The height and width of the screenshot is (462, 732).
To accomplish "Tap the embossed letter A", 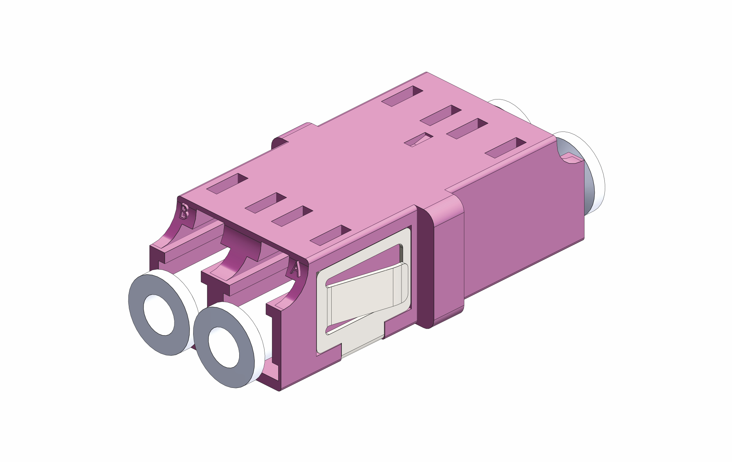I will tap(295, 269).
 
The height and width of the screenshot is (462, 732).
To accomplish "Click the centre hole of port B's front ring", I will tap(159, 315).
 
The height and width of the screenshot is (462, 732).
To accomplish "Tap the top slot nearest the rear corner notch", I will tap(506, 147).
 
